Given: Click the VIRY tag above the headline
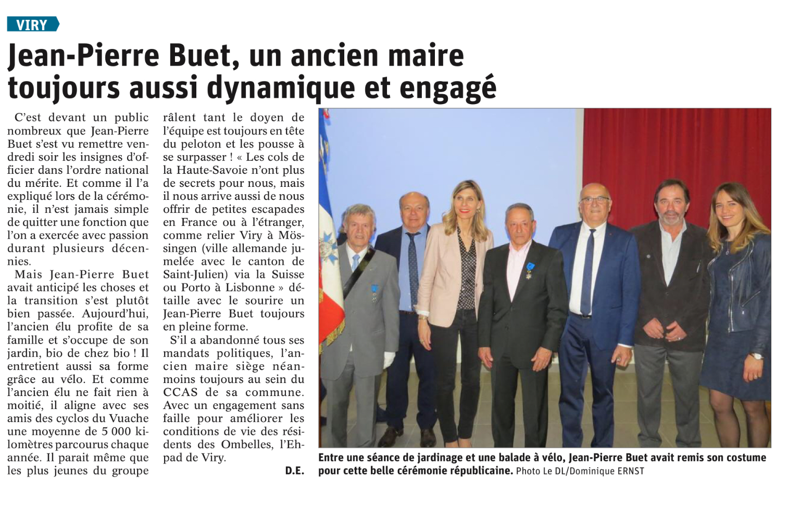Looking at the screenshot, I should (32, 24).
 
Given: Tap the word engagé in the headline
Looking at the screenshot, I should (448, 87).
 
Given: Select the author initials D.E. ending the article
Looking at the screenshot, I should (294, 471).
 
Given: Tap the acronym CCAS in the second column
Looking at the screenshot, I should (180, 392).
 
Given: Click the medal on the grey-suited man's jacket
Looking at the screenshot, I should (374, 292).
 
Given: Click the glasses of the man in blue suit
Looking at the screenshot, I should (595, 200).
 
